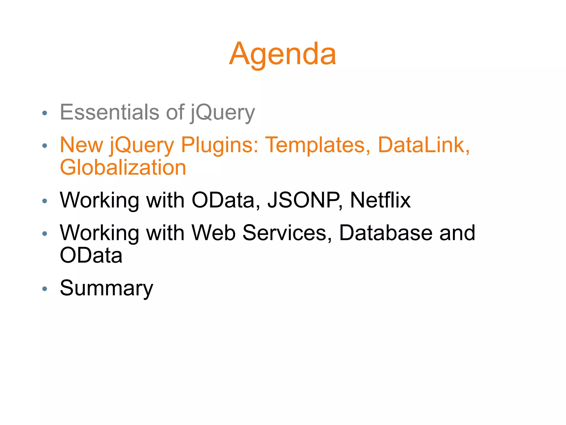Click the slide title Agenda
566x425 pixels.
tap(283, 54)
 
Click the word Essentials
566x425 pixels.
tap(109, 112)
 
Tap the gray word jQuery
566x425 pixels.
tap(222, 113)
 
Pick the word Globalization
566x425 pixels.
tap(123, 168)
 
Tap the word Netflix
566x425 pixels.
tap(380, 200)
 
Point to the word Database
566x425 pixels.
tap(386, 233)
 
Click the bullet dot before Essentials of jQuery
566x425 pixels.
tap(44, 113)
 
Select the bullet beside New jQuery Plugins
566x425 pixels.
tap(44, 146)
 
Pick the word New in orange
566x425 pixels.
tap(81, 145)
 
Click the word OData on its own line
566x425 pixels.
tap(91, 255)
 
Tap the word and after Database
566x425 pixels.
tap(457, 233)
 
